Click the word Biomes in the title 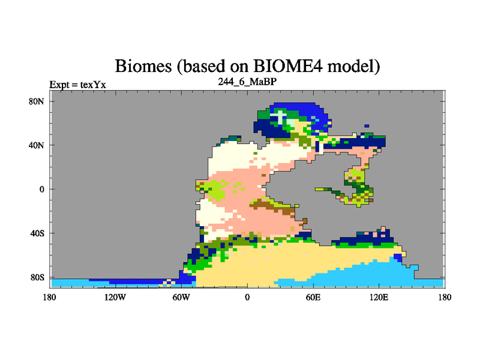coord(143,66)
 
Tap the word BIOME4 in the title coord(288,65)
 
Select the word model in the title coord(353,66)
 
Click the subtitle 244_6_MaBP coord(247,82)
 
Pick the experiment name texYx coord(93,85)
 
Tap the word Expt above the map coord(59,85)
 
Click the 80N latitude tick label coord(37,101)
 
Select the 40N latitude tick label coord(37,145)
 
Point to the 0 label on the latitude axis coord(41,189)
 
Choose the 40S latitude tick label coord(37,233)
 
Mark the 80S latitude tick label coord(37,277)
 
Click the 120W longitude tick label coord(115,297)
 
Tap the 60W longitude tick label coord(181,297)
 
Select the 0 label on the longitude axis coord(247,297)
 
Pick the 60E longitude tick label coord(313,297)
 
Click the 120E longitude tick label coord(379,297)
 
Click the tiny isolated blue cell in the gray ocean coord(367,126)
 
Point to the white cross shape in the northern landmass coord(280,116)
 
